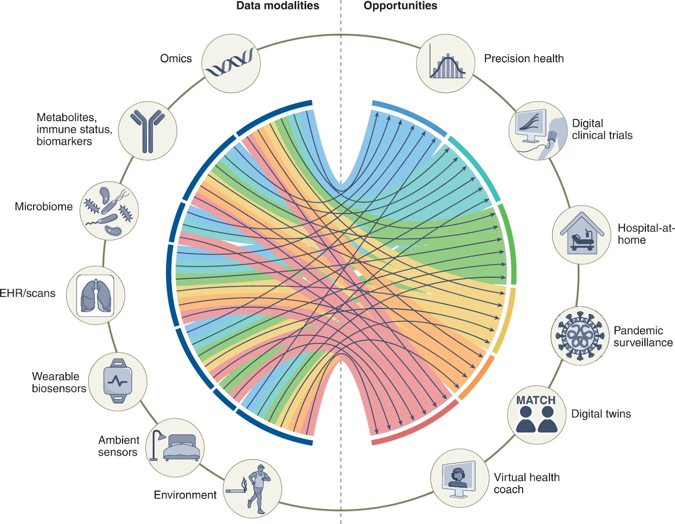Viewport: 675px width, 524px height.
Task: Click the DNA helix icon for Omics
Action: [x=230, y=63]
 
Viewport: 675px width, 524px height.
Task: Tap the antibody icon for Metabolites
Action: [x=147, y=131]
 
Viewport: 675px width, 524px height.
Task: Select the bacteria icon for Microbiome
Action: [x=109, y=211]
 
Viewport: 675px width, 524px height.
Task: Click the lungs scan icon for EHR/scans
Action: [x=96, y=295]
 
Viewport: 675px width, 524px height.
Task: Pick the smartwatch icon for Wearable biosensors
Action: [x=118, y=381]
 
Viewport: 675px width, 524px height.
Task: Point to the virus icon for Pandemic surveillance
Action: [x=580, y=336]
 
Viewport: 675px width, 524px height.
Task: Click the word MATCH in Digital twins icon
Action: [x=536, y=400]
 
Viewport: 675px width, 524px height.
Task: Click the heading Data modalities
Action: [x=277, y=5]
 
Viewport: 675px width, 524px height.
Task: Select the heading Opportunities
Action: [x=400, y=5]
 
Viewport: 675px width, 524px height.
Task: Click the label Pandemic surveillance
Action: [x=643, y=336]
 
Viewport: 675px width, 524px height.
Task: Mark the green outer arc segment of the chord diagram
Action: [x=510, y=245]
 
